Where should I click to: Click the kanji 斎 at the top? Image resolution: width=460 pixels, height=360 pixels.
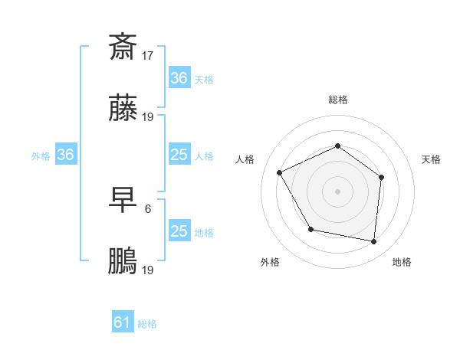pos(123,46)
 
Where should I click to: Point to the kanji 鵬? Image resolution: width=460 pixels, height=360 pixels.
pos(123,263)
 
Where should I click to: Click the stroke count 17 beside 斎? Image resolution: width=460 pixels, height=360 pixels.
pos(148,55)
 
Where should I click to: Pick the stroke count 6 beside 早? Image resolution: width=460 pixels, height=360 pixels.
pos(148,208)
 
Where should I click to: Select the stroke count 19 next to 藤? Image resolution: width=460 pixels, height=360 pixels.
pos(148,117)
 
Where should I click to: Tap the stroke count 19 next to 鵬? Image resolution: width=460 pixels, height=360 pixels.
pos(148,270)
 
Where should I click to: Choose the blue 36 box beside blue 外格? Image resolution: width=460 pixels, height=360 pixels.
pos(66,155)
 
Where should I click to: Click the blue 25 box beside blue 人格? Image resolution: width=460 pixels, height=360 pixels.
pos(179,155)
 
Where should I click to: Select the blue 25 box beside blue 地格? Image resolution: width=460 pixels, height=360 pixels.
pos(179,231)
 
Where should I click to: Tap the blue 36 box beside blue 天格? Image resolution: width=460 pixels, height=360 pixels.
pos(179,78)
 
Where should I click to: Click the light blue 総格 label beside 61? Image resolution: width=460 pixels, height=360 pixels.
pos(147,324)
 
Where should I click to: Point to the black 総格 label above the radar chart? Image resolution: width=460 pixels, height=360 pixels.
pos(337,100)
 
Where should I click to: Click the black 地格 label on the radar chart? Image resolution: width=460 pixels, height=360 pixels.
pos(402,262)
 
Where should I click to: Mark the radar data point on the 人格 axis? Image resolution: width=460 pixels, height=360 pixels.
pos(280,172)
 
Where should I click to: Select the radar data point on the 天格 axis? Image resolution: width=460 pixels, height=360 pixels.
pos(382,177)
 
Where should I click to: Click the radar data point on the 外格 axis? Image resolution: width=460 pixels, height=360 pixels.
pos(310,229)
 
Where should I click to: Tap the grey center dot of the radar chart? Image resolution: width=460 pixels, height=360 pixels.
pos(337,191)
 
